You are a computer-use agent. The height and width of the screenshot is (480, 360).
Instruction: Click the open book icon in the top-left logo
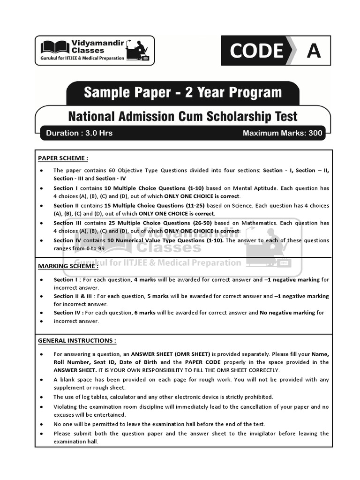55,47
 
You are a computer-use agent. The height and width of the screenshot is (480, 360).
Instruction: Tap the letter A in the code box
314,51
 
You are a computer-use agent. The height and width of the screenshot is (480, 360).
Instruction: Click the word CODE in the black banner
256,51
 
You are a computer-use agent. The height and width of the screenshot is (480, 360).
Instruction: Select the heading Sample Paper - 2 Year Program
183,92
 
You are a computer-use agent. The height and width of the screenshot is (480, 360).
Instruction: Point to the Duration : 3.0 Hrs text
79,133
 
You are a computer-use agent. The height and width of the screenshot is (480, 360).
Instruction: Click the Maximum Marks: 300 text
282,133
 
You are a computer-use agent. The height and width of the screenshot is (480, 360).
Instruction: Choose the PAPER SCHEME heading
63,158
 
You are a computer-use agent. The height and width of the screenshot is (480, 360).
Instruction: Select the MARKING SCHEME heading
68,266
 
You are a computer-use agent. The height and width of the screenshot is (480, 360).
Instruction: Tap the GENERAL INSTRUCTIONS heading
77,341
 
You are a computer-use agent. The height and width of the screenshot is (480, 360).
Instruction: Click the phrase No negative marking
287,313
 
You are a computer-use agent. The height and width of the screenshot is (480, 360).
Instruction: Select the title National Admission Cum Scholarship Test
183,115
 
